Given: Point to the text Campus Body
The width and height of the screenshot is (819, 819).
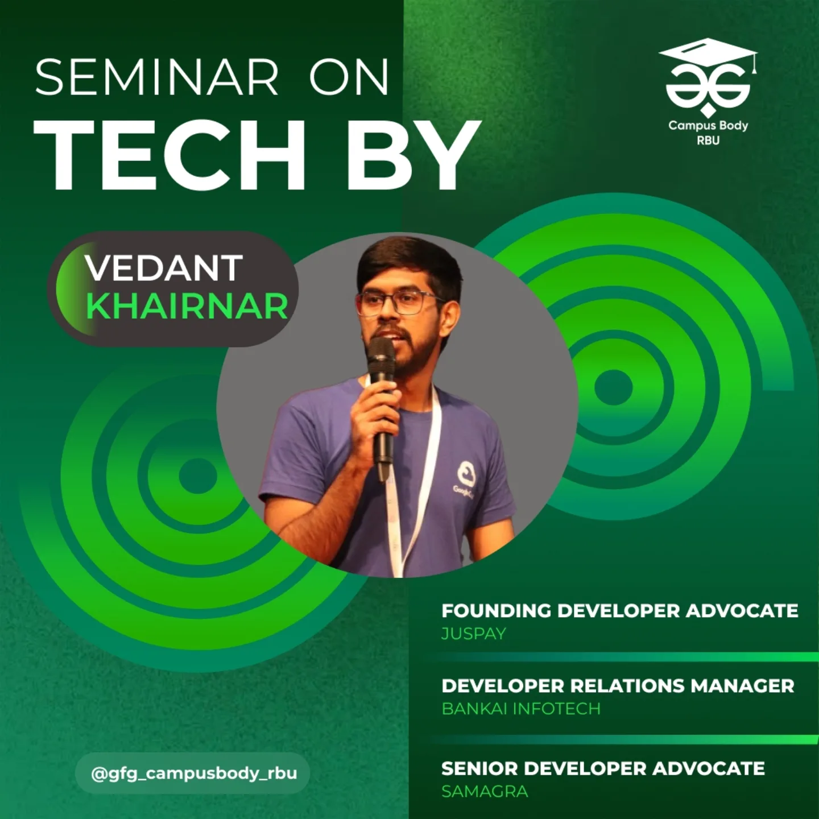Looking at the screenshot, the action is coord(708,125).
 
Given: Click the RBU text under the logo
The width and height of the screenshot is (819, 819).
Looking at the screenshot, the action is coord(708,140).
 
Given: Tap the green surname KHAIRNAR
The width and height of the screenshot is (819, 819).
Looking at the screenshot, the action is coord(188,307).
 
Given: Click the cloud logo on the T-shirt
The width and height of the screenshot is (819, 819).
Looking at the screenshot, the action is coord(467,473).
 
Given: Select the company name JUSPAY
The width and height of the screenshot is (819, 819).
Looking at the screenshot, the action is coord(473,634).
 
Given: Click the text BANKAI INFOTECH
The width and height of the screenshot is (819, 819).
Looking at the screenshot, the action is coord(520,709).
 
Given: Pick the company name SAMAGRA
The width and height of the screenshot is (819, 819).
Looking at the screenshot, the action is coord(485,791).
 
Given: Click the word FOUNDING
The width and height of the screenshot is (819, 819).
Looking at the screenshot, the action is coord(496,610).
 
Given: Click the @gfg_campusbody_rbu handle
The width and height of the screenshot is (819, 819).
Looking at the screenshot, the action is coord(194,773).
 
